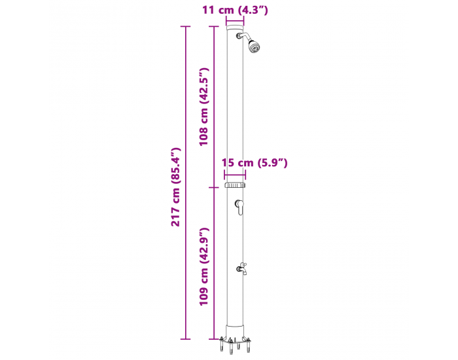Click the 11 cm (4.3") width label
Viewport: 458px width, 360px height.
(235, 10)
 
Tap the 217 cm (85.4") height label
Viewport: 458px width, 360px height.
(176, 187)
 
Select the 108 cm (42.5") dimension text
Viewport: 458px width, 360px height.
(203, 107)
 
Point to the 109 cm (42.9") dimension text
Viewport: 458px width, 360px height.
(203, 266)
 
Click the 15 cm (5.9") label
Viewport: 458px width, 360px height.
(255, 162)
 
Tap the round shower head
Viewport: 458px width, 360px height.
(254, 46)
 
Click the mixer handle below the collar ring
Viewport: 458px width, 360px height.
(240, 207)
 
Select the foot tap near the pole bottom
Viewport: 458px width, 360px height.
(242, 268)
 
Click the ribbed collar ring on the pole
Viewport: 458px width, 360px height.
(235, 185)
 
